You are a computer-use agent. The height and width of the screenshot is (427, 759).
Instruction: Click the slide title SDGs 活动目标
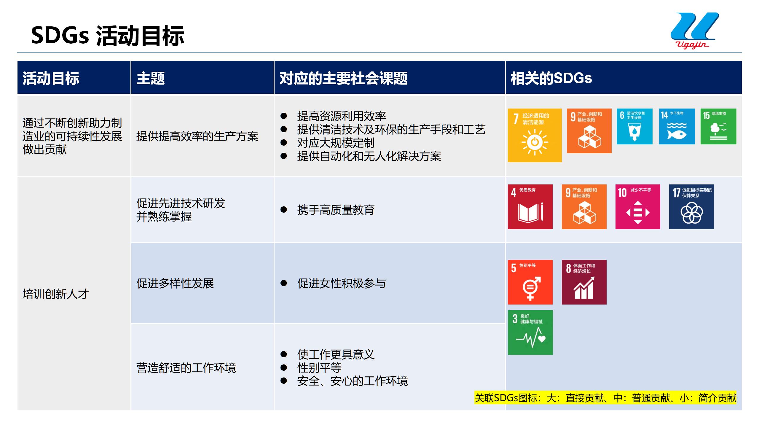point(107,36)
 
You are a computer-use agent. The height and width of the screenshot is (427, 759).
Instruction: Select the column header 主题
point(151,78)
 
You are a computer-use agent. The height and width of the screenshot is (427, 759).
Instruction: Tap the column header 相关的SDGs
point(551,78)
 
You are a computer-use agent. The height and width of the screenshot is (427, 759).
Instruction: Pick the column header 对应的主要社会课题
point(343,78)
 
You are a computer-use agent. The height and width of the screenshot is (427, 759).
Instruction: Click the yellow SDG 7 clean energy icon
point(535,135)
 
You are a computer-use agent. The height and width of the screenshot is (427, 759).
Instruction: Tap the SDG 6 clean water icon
point(634,126)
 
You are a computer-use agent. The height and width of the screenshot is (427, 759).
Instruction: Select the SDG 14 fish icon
point(677,126)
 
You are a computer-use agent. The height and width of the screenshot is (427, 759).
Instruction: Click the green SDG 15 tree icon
point(718,126)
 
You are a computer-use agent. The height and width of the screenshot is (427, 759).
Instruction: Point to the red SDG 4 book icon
point(530,207)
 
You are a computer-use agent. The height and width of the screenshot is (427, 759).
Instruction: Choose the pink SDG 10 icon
point(638,207)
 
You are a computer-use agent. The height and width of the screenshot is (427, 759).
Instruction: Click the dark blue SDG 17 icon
point(691,207)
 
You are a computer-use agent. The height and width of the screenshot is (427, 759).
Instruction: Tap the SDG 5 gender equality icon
point(530,282)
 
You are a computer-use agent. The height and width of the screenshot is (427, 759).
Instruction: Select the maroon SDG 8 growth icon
point(584,282)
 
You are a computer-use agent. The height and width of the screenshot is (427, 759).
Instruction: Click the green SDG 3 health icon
point(530,332)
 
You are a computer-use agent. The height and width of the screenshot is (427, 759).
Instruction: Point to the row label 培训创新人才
point(56,294)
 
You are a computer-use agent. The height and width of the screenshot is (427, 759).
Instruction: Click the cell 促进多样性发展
point(175,283)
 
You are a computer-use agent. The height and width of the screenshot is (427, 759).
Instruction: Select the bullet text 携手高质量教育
point(336,210)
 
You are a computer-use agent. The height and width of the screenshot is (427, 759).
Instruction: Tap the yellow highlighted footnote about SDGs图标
point(605,398)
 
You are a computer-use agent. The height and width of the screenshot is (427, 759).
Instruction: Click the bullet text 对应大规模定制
point(336,143)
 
